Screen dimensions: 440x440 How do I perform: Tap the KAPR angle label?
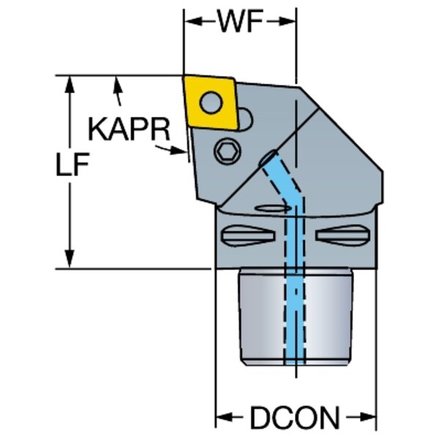tap(129, 131)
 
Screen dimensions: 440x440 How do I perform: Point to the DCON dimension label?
tap(295, 419)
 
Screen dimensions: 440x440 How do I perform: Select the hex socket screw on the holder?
tap(227, 152)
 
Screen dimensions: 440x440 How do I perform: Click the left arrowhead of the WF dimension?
tap(190, 23)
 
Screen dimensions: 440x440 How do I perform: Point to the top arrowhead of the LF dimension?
tap(71, 82)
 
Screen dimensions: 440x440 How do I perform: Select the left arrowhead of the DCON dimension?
tap(221, 419)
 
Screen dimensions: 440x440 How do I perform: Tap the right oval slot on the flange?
tap(342, 236)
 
